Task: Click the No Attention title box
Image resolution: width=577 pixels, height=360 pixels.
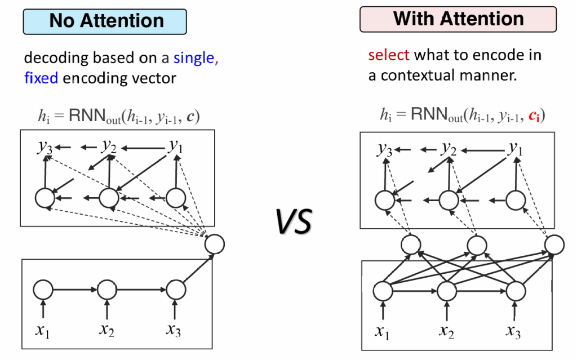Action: (x=105, y=21)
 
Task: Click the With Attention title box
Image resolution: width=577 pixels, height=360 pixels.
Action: (x=458, y=19)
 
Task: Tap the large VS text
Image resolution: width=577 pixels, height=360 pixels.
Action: (x=293, y=220)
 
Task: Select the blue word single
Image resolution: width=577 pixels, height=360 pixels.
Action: (x=194, y=57)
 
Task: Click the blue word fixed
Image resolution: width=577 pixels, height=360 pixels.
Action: (x=41, y=77)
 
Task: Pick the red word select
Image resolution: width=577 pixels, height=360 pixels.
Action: (x=389, y=55)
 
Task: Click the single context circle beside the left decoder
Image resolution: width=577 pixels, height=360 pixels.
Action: (x=214, y=243)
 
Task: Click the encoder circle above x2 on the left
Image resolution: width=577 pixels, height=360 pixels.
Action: (x=106, y=291)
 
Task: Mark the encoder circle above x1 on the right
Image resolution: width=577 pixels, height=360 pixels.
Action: (x=383, y=291)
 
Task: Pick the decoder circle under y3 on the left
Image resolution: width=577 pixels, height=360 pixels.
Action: (x=45, y=198)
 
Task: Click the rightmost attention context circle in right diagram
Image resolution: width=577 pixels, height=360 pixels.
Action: (x=554, y=243)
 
